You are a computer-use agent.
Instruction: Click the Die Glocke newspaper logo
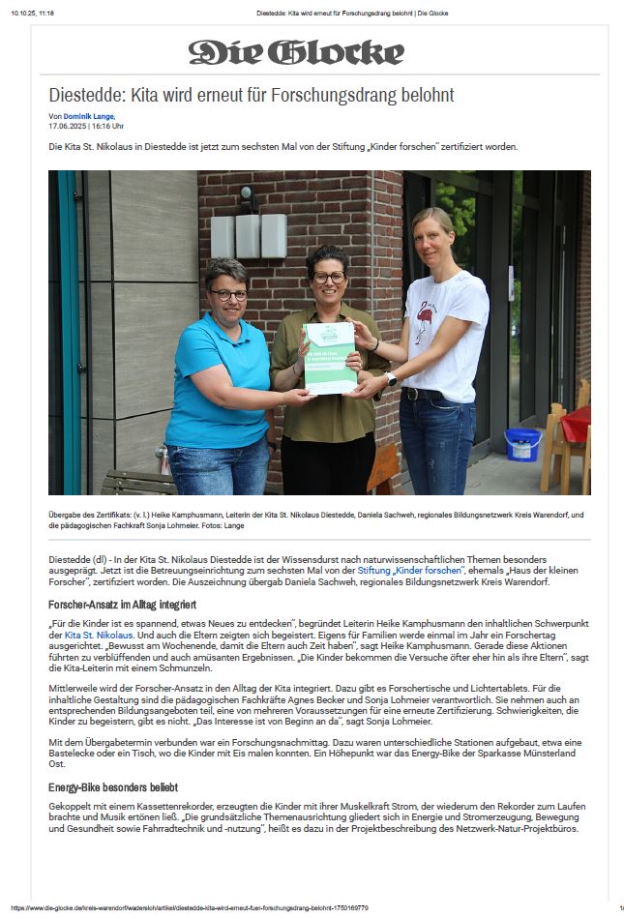(x=296, y=52)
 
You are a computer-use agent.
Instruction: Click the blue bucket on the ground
(x=522, y=444)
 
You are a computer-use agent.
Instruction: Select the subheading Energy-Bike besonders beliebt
(x=113, y=787)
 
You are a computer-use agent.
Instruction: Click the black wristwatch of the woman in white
(x=391, y=378)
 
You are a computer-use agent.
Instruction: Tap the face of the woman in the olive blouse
(x=328, y=278)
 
